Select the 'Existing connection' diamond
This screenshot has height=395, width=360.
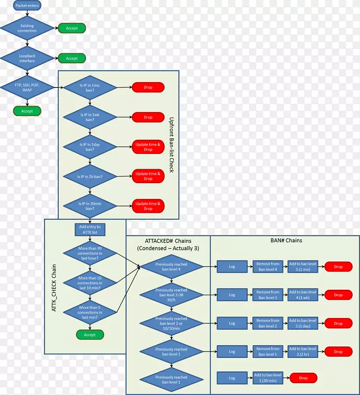pos(27,28)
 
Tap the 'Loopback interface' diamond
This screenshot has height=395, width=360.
pos(27,58)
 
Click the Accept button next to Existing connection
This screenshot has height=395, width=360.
pos(72,28)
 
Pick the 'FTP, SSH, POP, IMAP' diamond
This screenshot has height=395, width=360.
pos(27,87)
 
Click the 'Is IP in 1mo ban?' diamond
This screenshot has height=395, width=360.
pos(90,87)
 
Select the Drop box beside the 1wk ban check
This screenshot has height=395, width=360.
pos(148,118)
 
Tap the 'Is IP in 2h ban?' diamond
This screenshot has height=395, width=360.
pos(90,176)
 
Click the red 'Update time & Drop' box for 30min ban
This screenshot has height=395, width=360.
pos(148,206)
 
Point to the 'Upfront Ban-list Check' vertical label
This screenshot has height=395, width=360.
pos(172,145)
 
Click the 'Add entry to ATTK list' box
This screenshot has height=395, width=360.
pos(90,229)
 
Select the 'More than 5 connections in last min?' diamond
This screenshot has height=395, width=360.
pos(90,312)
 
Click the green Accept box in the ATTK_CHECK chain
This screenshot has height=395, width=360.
pos(90,335)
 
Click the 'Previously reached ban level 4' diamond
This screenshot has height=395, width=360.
pos(171,267)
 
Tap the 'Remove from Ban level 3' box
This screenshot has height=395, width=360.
pos(268,295)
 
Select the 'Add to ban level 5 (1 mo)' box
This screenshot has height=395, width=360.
pos(303,267)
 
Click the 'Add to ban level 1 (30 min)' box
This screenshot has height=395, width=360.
pos(268,378)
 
